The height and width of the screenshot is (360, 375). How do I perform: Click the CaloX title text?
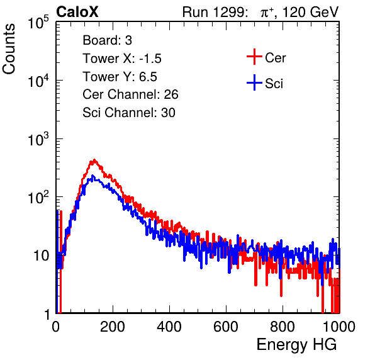(77, 12)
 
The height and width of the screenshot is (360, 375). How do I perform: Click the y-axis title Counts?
(9, 49)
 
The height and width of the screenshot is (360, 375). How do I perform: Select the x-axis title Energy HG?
(296, 345)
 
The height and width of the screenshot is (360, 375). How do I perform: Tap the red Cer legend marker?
(254, 57)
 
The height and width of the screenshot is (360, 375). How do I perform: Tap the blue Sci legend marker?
(254, 82)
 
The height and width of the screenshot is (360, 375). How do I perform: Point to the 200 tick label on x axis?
(113, 327)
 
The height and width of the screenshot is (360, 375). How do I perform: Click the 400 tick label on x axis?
(169, 327)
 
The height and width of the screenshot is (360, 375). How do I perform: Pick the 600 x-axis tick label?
(226, 327)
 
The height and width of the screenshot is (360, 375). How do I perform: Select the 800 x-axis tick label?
(283, 327)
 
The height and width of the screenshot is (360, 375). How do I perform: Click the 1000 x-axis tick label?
(339, 327)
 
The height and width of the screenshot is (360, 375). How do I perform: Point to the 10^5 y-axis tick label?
(38, 23)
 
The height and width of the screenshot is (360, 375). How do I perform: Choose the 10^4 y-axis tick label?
(38, 81)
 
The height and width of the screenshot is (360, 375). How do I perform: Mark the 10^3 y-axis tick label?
(38, 139)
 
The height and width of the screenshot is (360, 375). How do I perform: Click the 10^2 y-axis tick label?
(38, 198)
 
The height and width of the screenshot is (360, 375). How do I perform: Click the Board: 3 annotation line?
(108, 40)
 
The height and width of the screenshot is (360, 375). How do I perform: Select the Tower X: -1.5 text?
(122, 59)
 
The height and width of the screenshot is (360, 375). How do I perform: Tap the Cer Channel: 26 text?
(130, 94)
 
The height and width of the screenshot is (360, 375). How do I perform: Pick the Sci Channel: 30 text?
(129, 113)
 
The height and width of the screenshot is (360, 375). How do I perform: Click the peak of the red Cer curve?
(94, 160)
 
